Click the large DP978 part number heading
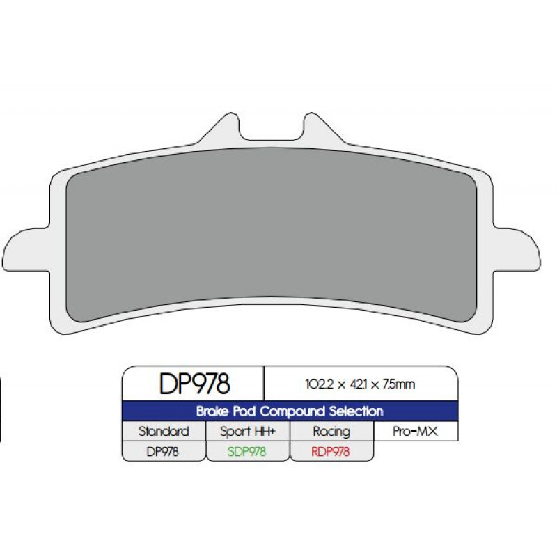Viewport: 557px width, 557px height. pos(195,384)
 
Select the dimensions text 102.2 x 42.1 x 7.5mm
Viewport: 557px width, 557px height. pos(360,384)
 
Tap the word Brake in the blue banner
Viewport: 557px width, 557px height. pos(212,411)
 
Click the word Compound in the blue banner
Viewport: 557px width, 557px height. pos(292,411)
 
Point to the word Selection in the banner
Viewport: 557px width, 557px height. pos(356,411)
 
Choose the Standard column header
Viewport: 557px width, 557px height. pos(164,431)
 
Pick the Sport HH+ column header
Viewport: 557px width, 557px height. pos(248,432)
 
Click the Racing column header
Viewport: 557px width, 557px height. pos(331,432)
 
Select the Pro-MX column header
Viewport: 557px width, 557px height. pos(415,431)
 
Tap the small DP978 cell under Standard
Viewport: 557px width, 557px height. pos(163,451)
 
